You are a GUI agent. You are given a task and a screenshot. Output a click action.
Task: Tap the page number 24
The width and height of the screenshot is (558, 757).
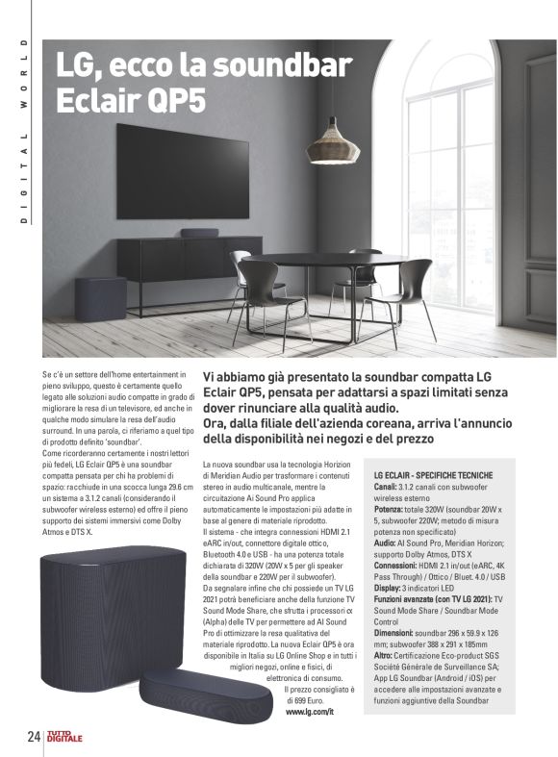[x=33, y=736]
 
